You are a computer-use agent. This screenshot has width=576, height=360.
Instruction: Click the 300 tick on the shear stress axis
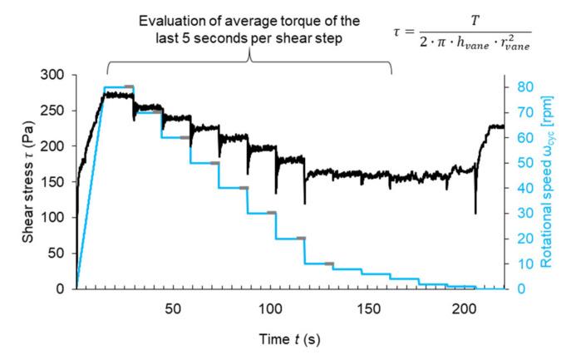coord(57,75)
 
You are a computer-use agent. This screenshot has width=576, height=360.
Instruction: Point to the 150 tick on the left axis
coord(57,182)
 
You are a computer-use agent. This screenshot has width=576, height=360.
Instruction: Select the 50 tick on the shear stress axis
coord(60,254)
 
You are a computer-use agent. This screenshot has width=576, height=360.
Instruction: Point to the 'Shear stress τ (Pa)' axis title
coord(27,181)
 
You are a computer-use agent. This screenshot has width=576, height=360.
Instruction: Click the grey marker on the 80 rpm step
coord(129,86)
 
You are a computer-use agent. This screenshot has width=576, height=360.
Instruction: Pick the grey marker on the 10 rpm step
coord(329,264)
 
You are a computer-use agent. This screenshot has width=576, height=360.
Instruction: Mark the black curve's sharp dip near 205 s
coord(475,213)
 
